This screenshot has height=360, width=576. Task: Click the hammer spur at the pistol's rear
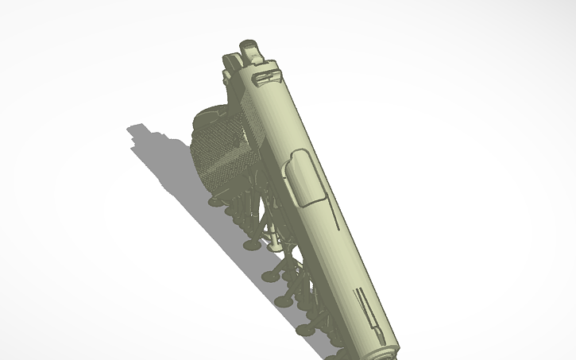click(249, 48)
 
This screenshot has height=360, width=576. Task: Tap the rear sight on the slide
click(265, 76)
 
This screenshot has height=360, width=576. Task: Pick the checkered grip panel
click(222, 155)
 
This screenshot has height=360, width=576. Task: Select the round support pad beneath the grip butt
click(214, 202)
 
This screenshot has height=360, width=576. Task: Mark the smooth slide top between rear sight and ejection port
click(278, 119)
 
